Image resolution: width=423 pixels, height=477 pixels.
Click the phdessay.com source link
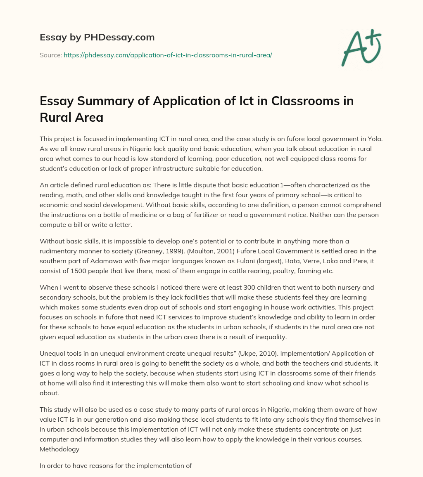(168, 54)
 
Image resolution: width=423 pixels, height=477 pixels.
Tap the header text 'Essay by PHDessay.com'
(97, 37)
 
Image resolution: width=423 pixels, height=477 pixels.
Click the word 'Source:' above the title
(50, 54)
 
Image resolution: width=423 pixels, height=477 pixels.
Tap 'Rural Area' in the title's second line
(71, 118)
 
